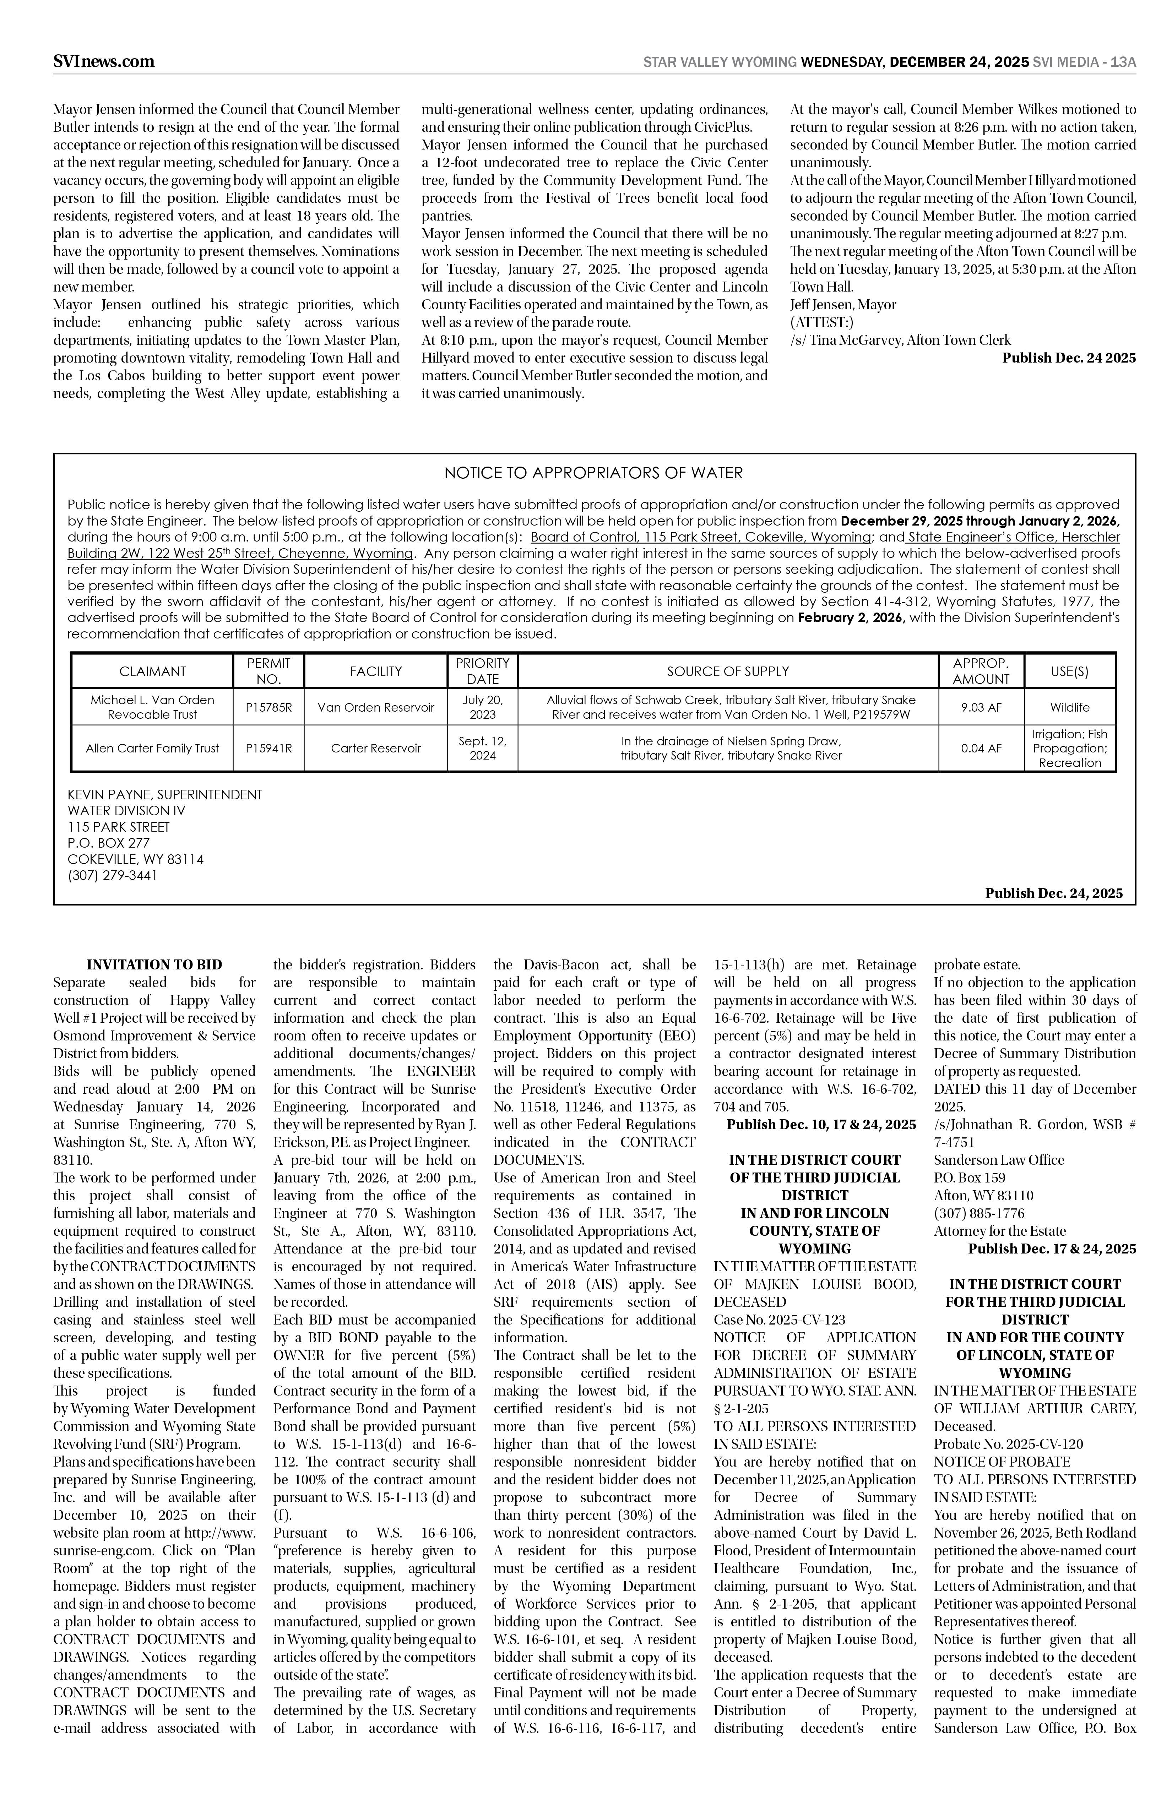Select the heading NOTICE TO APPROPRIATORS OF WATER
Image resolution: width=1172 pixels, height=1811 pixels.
pyautogui.click(x=593, y=473)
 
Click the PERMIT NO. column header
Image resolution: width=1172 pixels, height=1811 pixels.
pyautogui.click(x=270, y=671)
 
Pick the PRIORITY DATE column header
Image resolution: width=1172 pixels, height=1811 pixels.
pyautogui.click(x=483, y=671)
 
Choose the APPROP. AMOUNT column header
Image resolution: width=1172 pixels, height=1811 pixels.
pyautogui.click(x=981, y=671)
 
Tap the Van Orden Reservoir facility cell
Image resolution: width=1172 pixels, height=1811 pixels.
pyautogui.click(x=376, y=707)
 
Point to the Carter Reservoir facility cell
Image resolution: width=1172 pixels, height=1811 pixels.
pyautogui.click(x=376, y=748)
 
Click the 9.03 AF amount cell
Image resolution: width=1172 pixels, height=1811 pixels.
pyautogui.click(x=981, y=707)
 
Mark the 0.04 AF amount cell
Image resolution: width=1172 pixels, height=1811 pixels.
pyautogui.click(x=981, y=748)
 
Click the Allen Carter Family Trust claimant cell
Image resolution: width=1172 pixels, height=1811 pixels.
pyautogui.click(x=152, y=748)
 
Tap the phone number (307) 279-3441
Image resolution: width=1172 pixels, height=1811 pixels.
pyautogui.click(x=113, y=875)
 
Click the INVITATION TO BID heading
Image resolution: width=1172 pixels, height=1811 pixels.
pyautogui.click(x=154, y=965)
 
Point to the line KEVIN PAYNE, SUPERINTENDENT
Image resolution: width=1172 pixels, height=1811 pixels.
pyautogui.click(x=164, y=794)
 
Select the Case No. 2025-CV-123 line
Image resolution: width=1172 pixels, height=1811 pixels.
pyautogui.click(x=779, y=1320)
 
